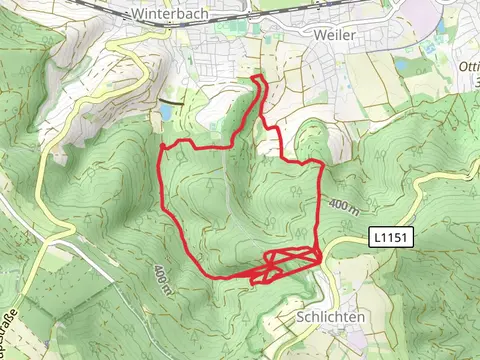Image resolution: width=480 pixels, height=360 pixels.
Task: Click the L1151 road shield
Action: (x=390, y=238)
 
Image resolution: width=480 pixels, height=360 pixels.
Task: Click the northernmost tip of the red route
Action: (x=262, y=77)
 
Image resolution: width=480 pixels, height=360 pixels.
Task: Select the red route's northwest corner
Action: (x=163, y=146)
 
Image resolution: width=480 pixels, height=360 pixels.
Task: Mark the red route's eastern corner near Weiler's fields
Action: (x=321, y=162)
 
